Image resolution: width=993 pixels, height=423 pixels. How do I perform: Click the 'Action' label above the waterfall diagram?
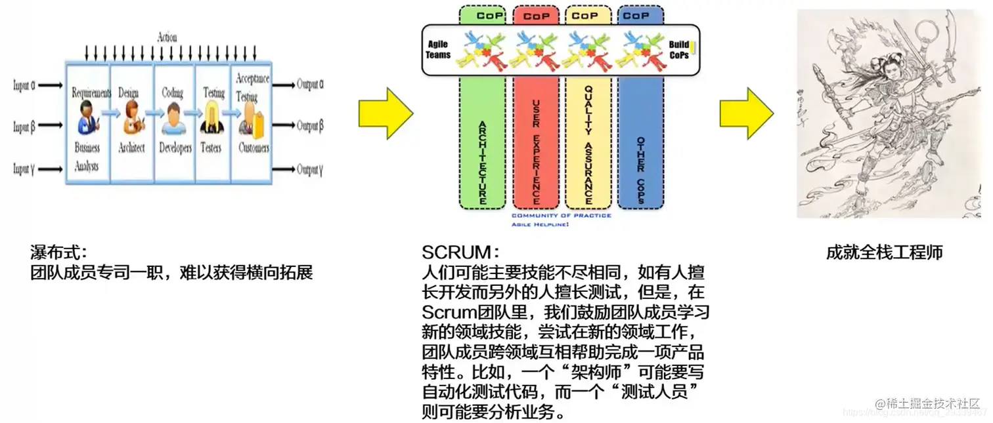tap(167, 37)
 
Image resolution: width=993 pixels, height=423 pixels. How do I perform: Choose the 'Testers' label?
tap(211, 148)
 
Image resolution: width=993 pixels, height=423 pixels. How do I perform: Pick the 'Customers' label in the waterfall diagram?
tap(254, 148)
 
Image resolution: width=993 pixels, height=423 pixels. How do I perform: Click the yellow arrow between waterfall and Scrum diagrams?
tap(385, 113)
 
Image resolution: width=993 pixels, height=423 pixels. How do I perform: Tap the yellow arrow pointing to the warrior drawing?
tap(746, 113)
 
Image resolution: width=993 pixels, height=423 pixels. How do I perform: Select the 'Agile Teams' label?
tap(438, 50)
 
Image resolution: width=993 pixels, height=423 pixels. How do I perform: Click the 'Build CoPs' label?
tap(679, 50)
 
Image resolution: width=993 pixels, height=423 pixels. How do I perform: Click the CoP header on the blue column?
tap(636, 15)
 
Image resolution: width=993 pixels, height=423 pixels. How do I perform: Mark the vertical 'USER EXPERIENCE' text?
tap(536, 151)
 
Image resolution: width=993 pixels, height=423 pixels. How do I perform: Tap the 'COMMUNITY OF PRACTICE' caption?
tap(561, 216)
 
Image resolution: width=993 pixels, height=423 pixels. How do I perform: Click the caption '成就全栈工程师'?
tap(884, 252)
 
